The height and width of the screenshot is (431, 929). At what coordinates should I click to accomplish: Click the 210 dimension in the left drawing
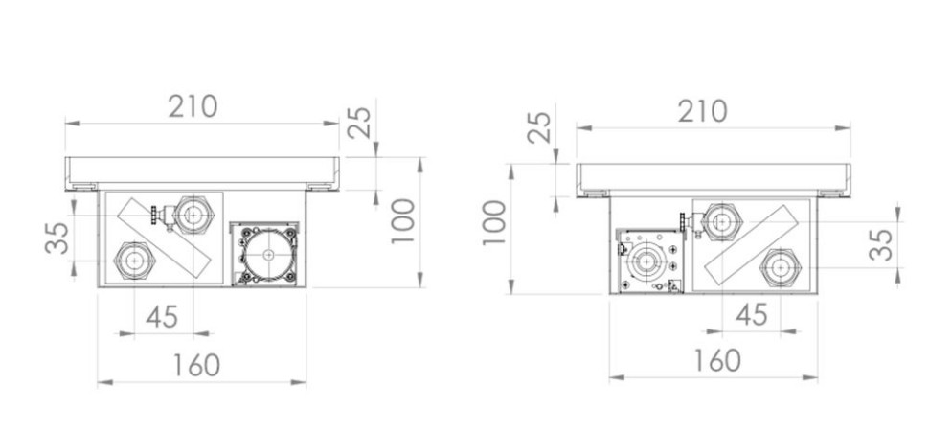(x=193, y=106)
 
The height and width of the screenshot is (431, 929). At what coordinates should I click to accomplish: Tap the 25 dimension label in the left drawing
(x=359, y=122)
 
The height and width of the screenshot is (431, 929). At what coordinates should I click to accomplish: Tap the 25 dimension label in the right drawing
(x=539, y=127)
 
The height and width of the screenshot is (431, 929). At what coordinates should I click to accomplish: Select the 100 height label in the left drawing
(x=402, y=221)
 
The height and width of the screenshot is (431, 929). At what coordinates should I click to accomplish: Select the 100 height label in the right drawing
(x=493, y=223)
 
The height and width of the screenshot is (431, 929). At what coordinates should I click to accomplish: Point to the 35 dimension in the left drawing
(x=57, y=238)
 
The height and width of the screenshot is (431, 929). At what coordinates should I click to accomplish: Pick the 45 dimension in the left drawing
(x=163, y=316)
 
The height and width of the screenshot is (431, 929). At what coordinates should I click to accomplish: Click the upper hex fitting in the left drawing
(x=194, y=215)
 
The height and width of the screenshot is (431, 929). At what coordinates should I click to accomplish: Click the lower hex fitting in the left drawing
(x=131, y=260)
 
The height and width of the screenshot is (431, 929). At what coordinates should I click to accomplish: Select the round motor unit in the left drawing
(x=267, y=256)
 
